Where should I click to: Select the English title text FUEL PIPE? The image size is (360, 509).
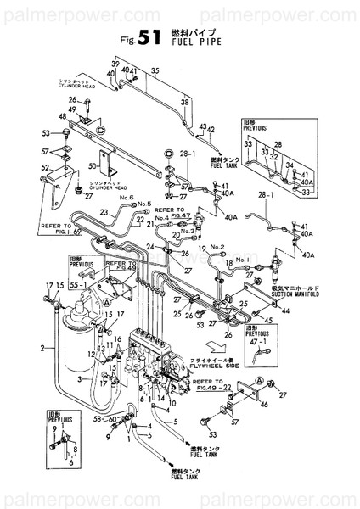(197, 39)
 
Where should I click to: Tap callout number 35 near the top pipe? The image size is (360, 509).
(155, 72)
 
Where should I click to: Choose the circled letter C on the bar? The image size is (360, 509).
(101, 131)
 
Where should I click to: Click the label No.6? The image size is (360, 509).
(127, 197)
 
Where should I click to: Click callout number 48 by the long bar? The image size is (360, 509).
(62, 117)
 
